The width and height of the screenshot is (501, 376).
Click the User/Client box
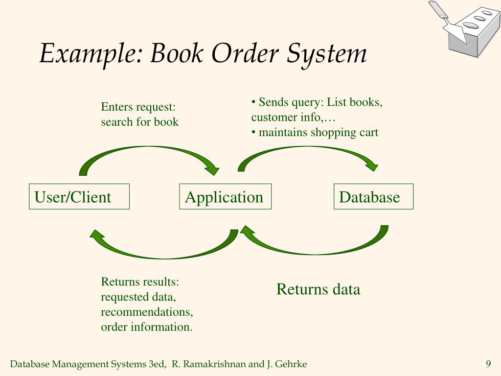79,197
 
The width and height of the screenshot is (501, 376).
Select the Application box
225,197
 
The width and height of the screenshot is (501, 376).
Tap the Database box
373,197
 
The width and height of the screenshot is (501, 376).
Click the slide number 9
488,364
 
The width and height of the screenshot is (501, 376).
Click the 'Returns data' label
318,289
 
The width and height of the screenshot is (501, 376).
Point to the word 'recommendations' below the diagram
147,312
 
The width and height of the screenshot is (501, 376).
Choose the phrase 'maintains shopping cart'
318,132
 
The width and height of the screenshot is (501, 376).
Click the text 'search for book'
140,122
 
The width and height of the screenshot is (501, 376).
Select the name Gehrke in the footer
292,364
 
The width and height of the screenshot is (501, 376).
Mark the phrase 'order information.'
146,327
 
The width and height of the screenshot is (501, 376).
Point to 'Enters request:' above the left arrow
138,107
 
